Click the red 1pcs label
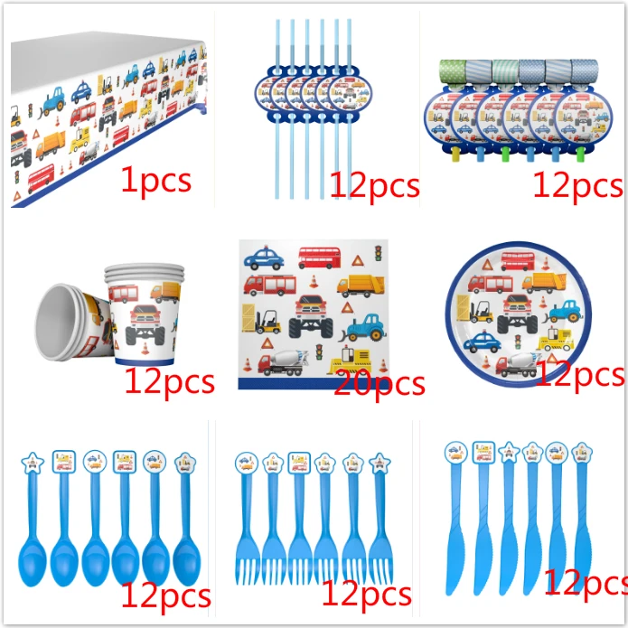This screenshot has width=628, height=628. [155, 180]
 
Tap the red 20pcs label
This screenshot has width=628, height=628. [379, 384]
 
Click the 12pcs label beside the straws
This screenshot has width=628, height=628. [374, 185]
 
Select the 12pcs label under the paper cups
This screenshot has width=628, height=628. [170, 381]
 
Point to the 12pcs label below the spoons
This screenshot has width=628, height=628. [165, 595]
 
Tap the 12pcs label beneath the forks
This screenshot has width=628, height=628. [366, 594]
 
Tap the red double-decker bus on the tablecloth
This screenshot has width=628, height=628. [41, 177]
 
